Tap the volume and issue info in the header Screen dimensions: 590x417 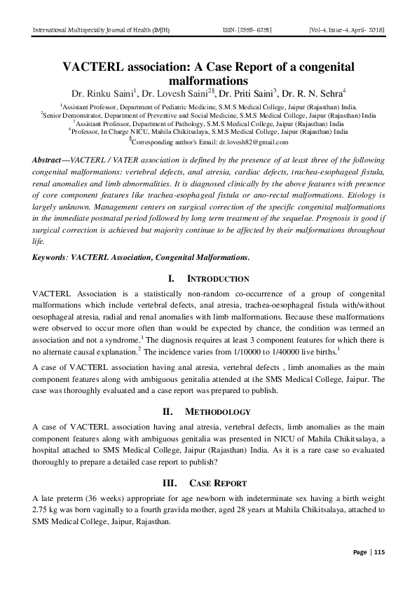click(x=346, y=30)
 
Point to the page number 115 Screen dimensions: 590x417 click(x=379, y=552)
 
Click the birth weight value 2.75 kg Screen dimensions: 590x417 click(x=47, y=510)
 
